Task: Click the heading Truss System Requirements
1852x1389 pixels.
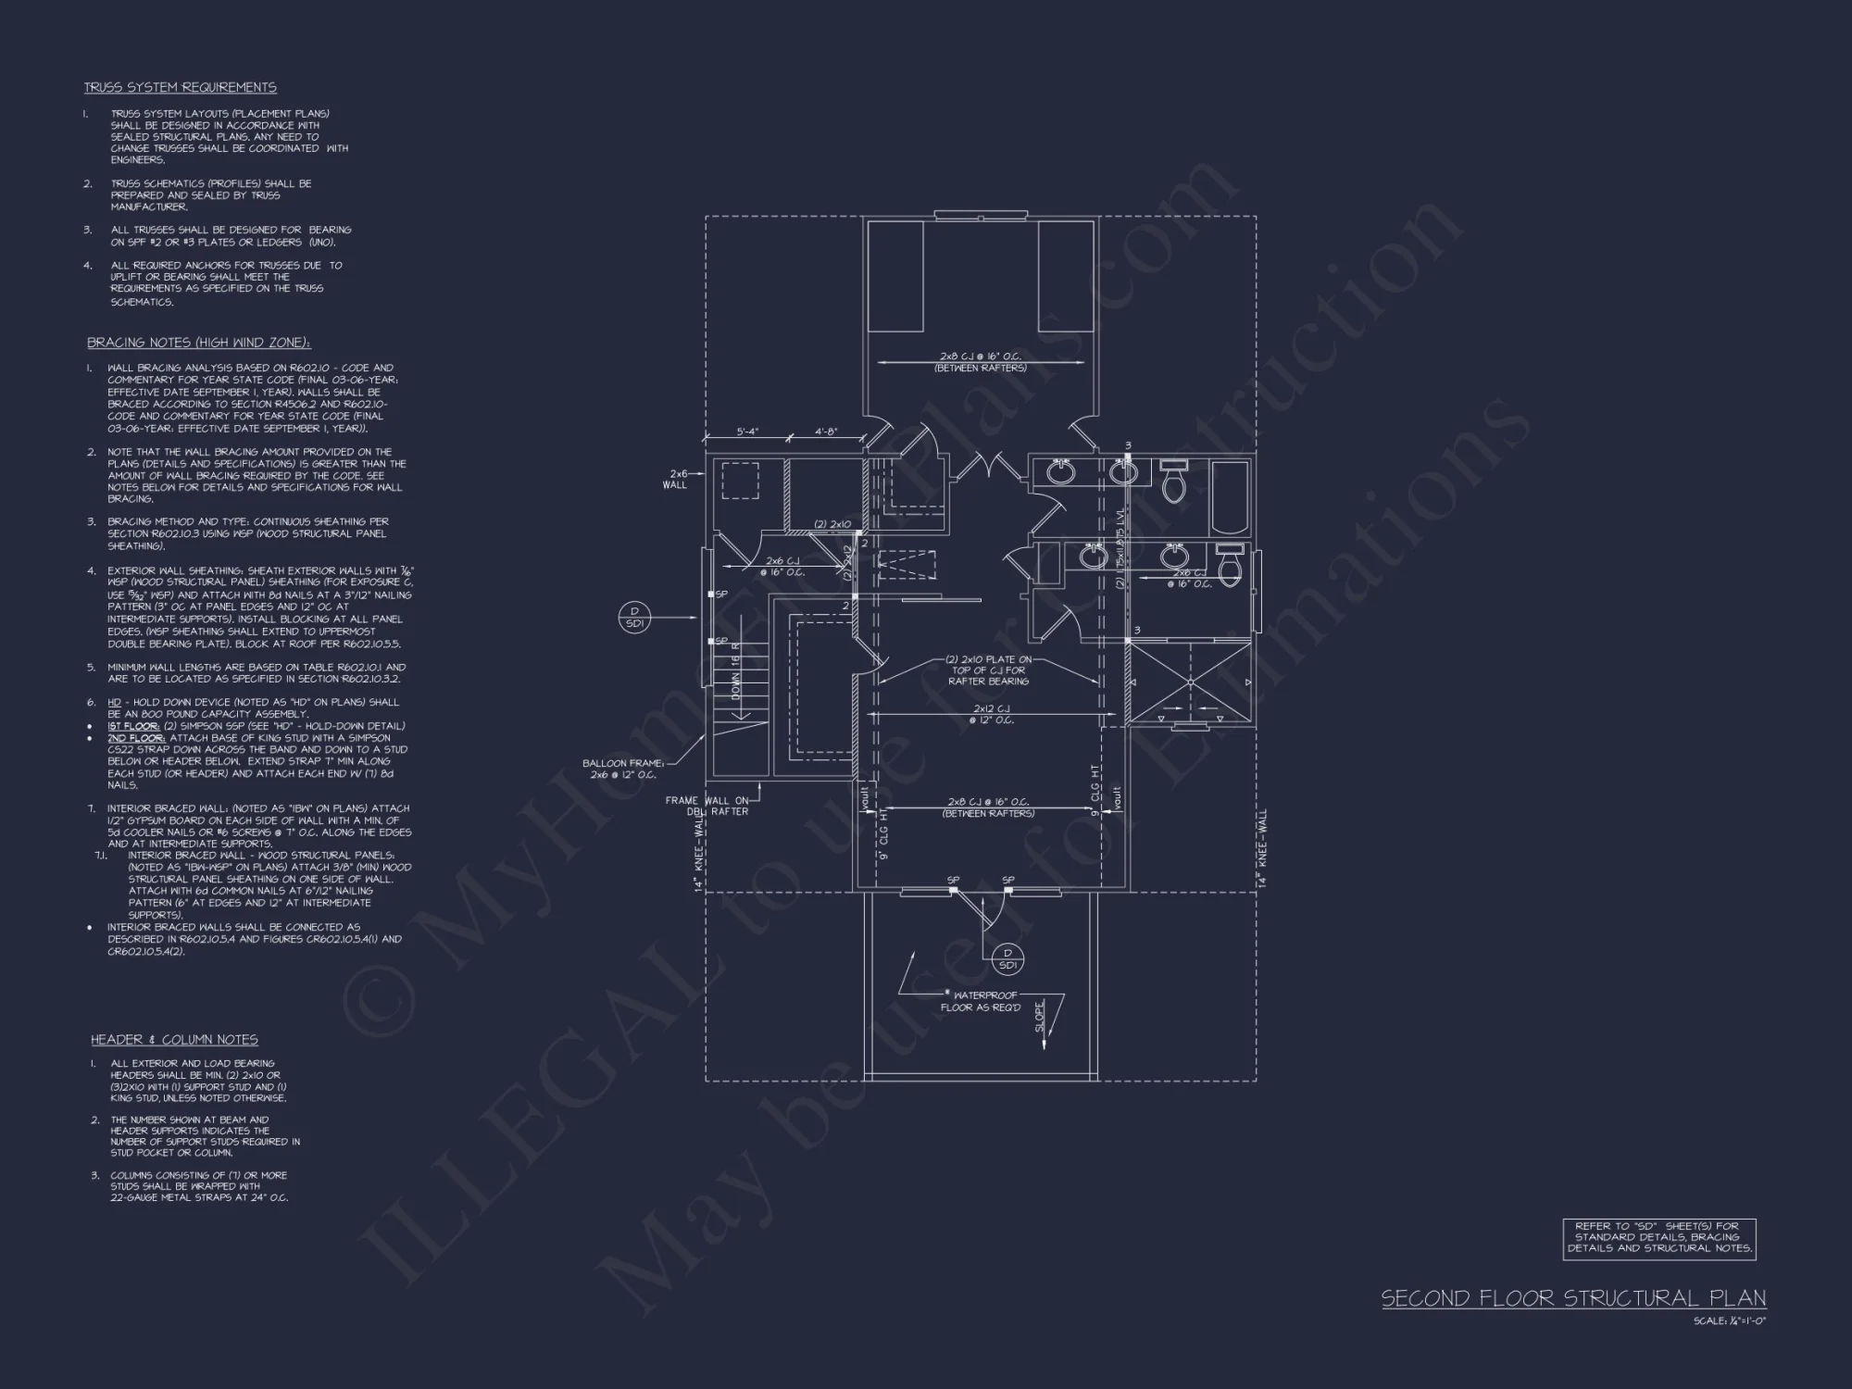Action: coord(180,88)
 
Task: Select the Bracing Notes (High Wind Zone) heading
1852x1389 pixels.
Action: coord(198,343)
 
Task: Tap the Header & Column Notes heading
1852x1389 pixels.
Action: coord(174,1040)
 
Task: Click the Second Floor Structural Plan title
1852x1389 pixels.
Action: coord(1573,1298)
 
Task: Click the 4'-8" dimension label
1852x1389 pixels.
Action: coord(827,432)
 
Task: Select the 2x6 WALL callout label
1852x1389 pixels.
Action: coord(675,479)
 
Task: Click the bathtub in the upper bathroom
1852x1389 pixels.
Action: coord(1230,497)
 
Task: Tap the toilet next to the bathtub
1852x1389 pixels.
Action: coord(1174,482)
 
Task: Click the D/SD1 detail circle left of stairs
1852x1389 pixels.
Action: coord(635,617)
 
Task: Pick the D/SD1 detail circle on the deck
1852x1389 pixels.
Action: coord(1008,958)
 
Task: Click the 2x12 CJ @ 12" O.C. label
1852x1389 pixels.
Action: coord(991,714)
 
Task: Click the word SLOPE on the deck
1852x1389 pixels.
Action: coord(1040,1016)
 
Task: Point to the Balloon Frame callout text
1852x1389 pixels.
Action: coord(623,769)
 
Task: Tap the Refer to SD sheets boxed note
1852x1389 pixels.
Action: coord(1659,1237)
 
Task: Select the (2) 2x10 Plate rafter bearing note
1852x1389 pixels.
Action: coord(988,670)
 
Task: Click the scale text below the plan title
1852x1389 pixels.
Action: coord(1730,1321)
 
